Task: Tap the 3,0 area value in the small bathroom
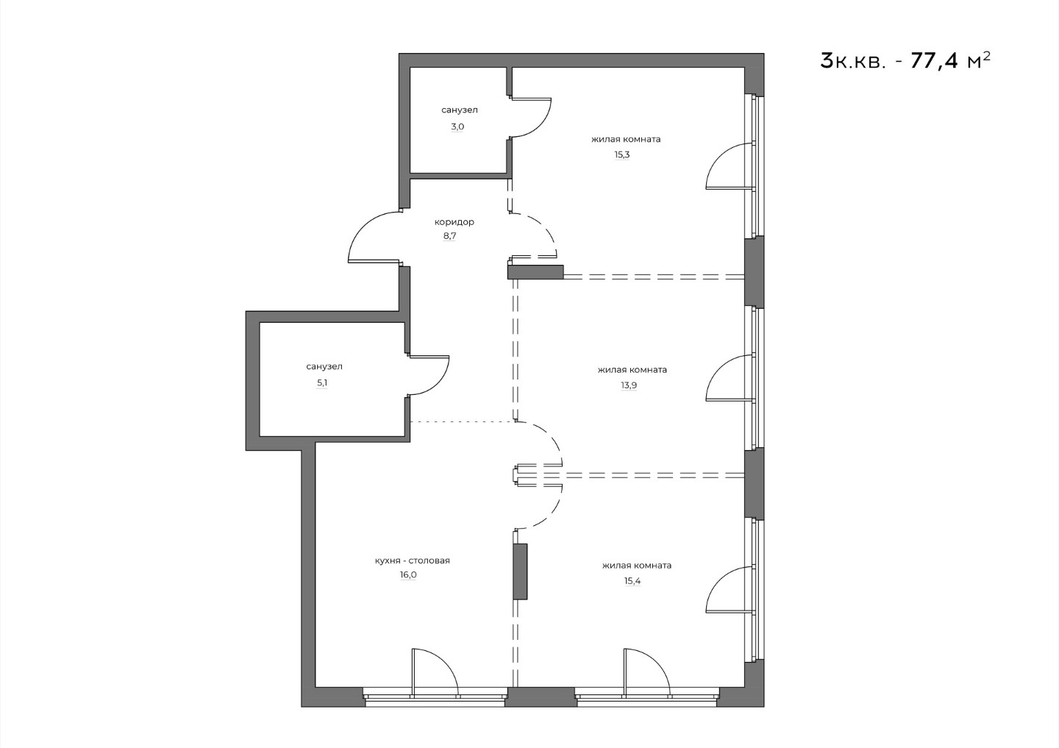point(457,127)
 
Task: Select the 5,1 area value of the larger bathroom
point(322,383)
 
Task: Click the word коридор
point(454,222)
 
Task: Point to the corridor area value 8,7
point(449,236)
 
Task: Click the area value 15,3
point(622,154)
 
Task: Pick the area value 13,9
point(629,385)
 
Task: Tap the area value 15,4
point(632,581)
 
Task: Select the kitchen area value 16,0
point(408,575)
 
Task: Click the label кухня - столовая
point(413,560)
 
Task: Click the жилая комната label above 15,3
point(626,140)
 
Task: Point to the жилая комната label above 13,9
point(632,370)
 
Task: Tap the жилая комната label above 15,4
point(637,566)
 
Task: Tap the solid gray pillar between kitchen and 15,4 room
point(520,571)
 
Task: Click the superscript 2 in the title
point(986,56)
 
